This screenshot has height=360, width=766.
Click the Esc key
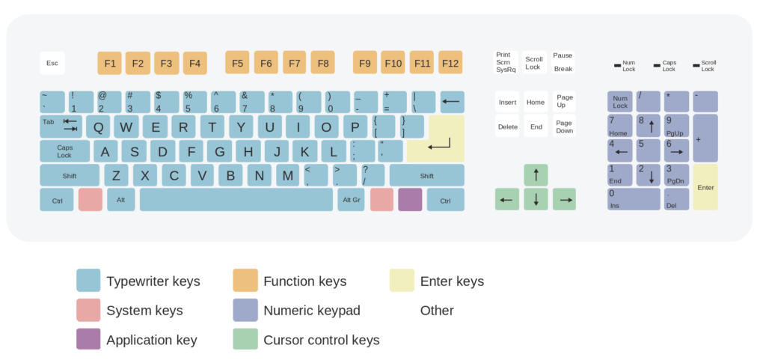(x=52, y=63)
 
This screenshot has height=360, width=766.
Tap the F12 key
(x=450, y=63)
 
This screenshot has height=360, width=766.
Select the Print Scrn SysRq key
(x=506, y=62)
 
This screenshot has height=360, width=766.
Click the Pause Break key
(x=563, y=62)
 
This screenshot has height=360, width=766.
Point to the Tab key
(x=61, y=126)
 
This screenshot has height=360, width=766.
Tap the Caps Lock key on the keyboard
(x=64, y=151)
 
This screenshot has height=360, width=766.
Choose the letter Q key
(x=98, y=126)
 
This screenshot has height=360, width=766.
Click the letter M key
(x=288, y=175)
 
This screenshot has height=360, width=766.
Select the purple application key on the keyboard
(x=410, y=200)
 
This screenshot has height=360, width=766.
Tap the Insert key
(x=507, y=102)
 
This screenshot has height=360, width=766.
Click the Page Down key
(x=564, y=126)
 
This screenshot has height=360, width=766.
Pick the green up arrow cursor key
(x=536, y=175)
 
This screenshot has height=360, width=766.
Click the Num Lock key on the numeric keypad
(x=620, y=102)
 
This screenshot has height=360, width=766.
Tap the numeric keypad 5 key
(x=649, y=150)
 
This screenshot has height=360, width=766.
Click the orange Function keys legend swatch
(x=245, y=281)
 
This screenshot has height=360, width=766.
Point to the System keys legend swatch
(x=88, y=310)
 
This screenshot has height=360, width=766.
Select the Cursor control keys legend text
(x=322, y=340)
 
